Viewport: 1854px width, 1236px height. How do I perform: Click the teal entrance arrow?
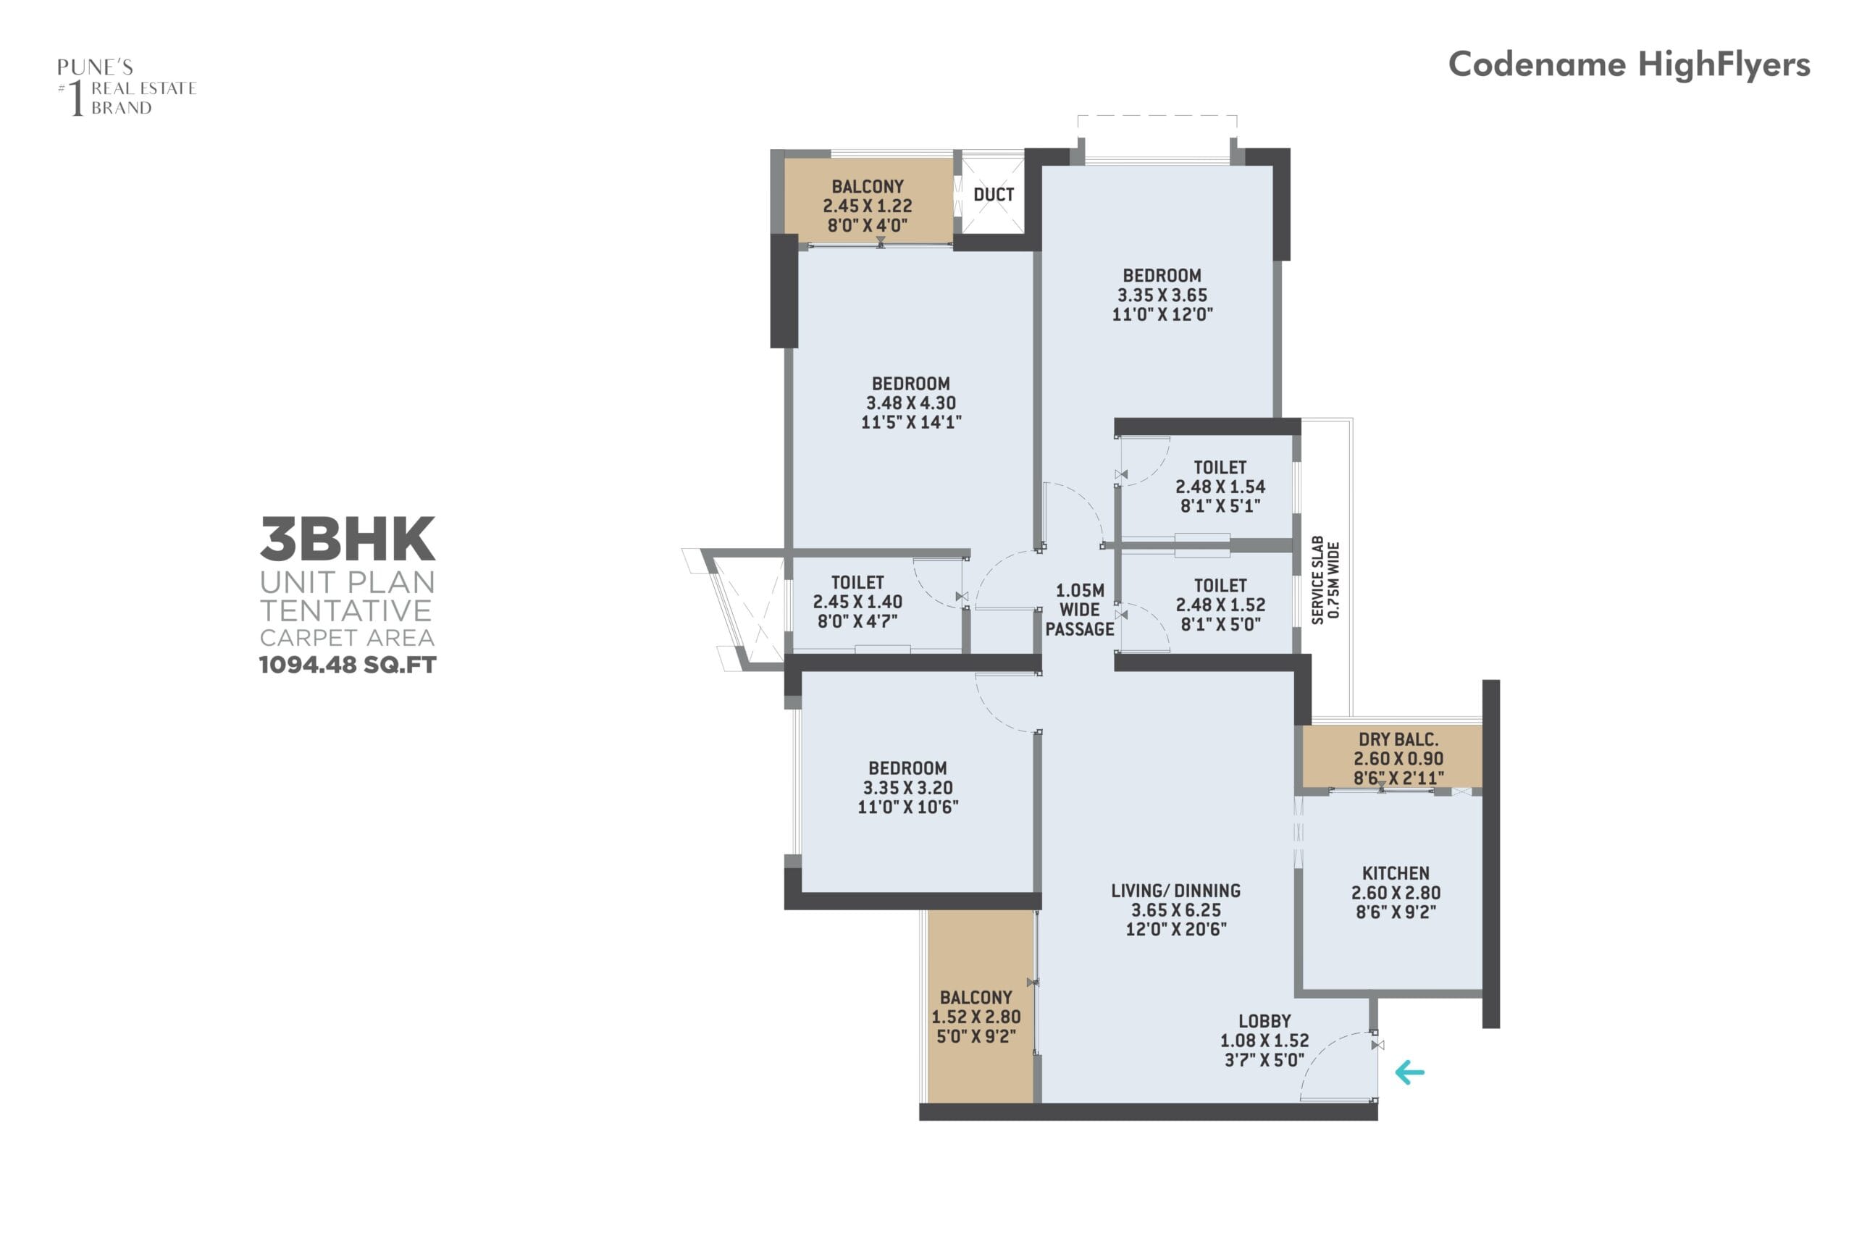1409,1072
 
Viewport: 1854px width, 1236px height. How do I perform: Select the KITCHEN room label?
1396,873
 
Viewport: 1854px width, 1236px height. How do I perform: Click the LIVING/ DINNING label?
1175,891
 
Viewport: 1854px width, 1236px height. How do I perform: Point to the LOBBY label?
1264,1021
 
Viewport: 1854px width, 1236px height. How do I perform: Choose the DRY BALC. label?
1398,739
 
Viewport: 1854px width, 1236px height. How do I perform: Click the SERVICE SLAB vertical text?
1317,580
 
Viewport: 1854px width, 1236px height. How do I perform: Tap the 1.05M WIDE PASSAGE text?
1080,610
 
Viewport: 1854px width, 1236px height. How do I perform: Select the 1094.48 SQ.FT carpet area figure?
348,665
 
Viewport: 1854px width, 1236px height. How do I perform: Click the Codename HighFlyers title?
1629,64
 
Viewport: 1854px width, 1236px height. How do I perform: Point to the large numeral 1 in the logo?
77,98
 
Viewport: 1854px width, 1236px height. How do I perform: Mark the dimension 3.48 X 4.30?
910,403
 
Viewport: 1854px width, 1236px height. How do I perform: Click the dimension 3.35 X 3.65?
1162,295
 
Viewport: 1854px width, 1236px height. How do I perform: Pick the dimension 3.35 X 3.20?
907,788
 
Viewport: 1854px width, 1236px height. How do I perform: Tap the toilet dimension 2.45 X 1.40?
857,602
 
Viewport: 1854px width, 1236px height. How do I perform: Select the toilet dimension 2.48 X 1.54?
1220,487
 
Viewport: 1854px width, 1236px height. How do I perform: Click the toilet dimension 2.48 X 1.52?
1220,605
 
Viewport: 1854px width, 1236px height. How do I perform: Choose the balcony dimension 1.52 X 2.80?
976,1017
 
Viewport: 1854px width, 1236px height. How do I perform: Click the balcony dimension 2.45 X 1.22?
867,206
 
